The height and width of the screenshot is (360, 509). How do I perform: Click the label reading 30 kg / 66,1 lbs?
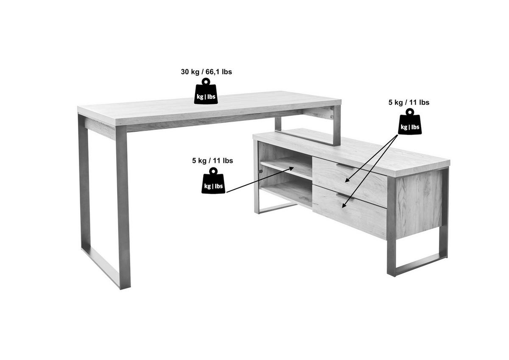(x=206, y=72)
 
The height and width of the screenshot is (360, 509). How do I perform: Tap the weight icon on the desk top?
(x=206, y=91)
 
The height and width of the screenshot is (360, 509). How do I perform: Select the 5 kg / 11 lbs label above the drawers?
(x=409, y=103)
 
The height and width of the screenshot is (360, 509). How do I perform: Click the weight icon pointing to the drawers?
(x=410, y=122)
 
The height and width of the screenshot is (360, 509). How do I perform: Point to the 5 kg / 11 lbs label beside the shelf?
(x=213, y=161)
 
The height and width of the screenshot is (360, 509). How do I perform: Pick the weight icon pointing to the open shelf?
(x=213, y=181)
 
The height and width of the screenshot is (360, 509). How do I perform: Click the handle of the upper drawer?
(x=345, y=166)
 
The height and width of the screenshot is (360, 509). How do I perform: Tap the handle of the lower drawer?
(x=345, y=196)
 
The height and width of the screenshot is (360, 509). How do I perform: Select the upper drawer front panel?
(x=350, y=182)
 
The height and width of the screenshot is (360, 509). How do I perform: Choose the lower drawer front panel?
(x=350, y=212)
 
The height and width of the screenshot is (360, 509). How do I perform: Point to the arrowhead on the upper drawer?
(x=347, y=180)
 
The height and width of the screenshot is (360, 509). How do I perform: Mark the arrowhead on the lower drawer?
(x=344, y=205)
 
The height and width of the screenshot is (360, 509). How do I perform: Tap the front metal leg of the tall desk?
(x=123, y=207)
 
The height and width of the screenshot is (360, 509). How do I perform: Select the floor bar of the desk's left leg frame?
(x=101, y=268)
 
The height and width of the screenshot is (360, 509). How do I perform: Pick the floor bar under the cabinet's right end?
(x=418, y=265)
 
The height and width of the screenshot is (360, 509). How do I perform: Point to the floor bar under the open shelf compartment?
(x=278, y=208)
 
